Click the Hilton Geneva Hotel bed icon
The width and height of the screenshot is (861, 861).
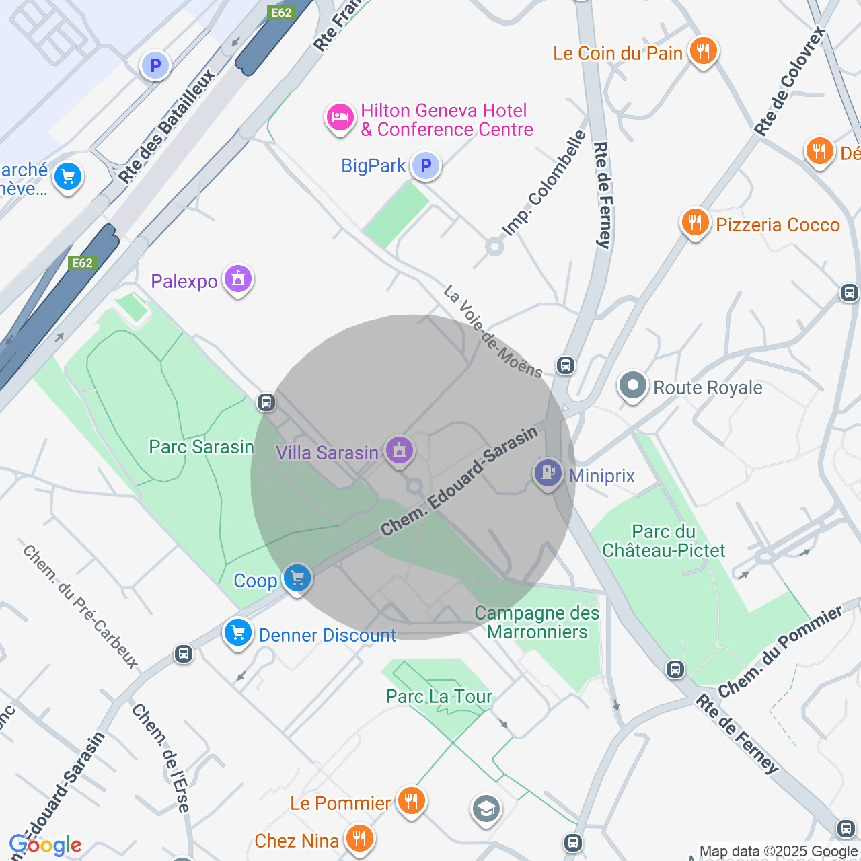[x=340, y=118]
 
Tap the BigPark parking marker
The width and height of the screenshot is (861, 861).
[x=425, y=165]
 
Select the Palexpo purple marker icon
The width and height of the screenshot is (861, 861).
[x=237, y=278]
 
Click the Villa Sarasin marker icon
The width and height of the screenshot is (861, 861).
[x=399, y=449]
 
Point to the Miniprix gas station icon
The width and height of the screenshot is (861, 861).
[x=548, y=473]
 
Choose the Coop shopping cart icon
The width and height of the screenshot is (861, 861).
[x=297, y=577]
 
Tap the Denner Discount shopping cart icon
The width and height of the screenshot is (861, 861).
[x=237, y=632]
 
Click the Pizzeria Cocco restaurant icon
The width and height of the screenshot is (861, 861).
[x=695, y=222]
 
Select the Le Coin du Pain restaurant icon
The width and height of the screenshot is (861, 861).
[x=703, y=50]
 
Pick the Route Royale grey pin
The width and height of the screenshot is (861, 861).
[x=632, y=385]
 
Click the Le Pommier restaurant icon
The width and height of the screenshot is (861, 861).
[x=410, y=800]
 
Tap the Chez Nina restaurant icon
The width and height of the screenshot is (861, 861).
[x=359, y=838]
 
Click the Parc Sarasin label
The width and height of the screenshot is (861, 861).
[x=201, y=447]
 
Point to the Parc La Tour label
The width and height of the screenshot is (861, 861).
[x=439, y=696]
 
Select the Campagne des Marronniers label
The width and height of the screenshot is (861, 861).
[x=537, y=622]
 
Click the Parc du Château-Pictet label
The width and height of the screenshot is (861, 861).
[x=663, y=541]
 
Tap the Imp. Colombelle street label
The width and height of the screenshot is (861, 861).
[x=544, y=183]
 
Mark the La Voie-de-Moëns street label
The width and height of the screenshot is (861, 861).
[x=493, y=331]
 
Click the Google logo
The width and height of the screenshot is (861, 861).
[x=46, y=845]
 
